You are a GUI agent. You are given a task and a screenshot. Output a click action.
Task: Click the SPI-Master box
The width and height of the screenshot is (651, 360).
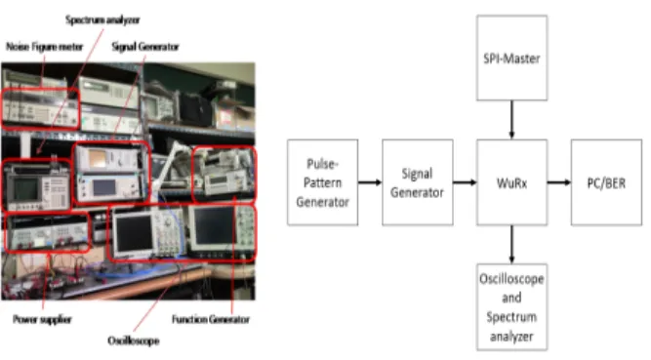[511, 58]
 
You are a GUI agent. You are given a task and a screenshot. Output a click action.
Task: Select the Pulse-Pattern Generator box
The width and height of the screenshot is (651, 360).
[322, 182]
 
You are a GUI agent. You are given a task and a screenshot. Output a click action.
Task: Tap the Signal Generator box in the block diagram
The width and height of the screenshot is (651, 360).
[418, 182]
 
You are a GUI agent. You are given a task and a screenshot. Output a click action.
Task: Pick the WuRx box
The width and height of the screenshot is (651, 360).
[511, 182]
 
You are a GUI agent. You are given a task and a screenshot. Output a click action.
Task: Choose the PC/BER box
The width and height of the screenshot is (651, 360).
[606, 182]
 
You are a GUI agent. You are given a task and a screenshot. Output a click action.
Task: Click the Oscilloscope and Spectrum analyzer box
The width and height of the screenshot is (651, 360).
[511, 307]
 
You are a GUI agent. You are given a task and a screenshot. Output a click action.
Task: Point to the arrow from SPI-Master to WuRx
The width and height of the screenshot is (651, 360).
[511, 120]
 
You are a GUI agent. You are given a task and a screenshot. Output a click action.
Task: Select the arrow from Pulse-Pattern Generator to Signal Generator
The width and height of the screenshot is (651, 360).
[370, 182]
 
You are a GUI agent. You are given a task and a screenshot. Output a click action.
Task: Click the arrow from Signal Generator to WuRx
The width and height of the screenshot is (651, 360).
[465, 182]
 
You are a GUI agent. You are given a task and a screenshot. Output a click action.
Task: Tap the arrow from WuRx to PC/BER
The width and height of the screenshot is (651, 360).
[559, 182]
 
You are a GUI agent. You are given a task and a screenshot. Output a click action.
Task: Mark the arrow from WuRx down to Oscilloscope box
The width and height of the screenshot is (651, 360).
[511, 245]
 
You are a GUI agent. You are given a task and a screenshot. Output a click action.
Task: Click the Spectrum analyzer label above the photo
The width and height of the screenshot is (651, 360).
[102, 20]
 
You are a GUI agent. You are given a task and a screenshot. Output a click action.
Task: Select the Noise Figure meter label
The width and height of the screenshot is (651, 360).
[45, 47]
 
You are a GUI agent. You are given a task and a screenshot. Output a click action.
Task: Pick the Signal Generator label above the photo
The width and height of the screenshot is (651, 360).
[145, 47]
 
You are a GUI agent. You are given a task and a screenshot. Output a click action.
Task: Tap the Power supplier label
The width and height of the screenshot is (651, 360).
[42, 319]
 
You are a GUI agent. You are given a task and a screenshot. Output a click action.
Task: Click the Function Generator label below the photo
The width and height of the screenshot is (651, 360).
[211, 319]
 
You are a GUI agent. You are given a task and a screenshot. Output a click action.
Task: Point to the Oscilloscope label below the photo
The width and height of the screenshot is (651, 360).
[134, 340]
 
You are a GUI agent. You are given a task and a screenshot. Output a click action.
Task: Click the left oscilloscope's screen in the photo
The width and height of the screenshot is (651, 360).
[134, 233]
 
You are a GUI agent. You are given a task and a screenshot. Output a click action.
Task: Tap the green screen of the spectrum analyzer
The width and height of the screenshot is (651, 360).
[25, 189]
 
